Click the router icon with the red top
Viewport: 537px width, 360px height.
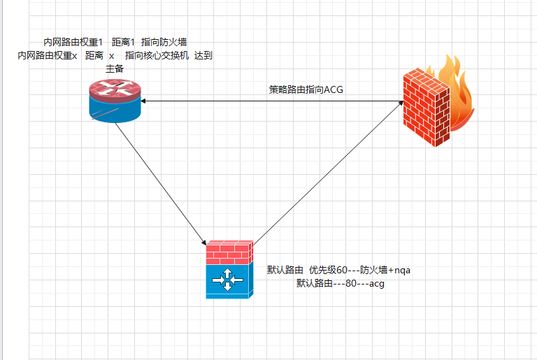(115, 101)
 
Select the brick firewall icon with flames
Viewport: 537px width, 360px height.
(438, 101)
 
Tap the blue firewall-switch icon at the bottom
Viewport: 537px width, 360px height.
(229, 270)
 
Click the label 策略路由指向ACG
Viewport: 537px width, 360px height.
(306, 89)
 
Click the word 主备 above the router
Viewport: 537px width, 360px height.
(115, 69)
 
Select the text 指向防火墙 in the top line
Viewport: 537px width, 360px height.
(164, 42)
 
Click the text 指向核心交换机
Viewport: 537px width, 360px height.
(157, 55)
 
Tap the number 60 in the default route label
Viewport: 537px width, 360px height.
(341, 271)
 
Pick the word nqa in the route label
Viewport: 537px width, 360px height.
(403, 271)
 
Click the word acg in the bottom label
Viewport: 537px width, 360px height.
(377, 284)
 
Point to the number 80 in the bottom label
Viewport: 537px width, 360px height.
(351, 284)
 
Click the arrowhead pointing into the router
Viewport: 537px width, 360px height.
(143, 101)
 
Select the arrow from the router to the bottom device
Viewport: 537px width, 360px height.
(161, 183)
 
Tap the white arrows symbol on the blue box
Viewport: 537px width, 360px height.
(227, 280)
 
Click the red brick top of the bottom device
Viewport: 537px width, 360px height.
(229, 252)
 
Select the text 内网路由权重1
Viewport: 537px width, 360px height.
(73, 42)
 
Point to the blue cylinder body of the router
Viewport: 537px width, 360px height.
(115, 110)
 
